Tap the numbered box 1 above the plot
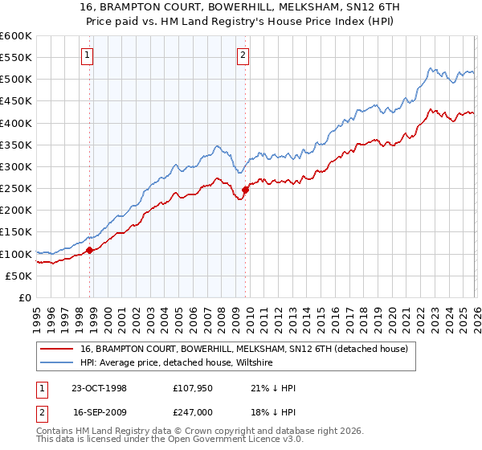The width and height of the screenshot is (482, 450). (87, 55)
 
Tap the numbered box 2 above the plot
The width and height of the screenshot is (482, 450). (242, 55)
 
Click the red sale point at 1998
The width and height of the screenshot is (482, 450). (90, 250)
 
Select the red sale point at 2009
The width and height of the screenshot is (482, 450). (246, 190)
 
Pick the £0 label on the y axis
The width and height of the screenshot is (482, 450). (25, 297)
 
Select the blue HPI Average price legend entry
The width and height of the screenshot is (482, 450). (176, 363)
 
